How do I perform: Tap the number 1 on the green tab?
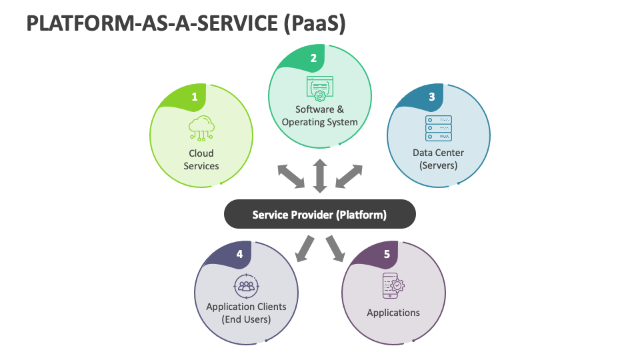pyautogui.click(x=195, y=97)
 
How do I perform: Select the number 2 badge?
pyautogui.click(x=313, y=58)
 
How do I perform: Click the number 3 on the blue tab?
pyautogui.click(x=432, y=97)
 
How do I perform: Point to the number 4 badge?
pyautogui.click(x=239, y=254)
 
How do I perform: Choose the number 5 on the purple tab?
pyautogui.click(x=387, y=254)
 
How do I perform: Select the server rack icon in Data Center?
pyautogui.click(x=438, y=128)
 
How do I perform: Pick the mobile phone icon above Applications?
pyautogui.click(x=393, y=285)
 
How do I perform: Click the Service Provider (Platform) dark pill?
pyautogui.click(x=319, y=215)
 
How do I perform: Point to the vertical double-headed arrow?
pyautogui.click(x=320, y=176)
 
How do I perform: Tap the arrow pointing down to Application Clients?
pyautogui.click(x=305, y=248)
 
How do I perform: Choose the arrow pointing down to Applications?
pyautogui.click(x=335, y=248)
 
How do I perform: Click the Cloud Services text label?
pyautogui.click(x=201, y=159)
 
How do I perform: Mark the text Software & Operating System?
pyautogui.click(x=320, y=115)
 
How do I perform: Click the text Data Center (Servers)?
pyautogui.click(x=438, y=159)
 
